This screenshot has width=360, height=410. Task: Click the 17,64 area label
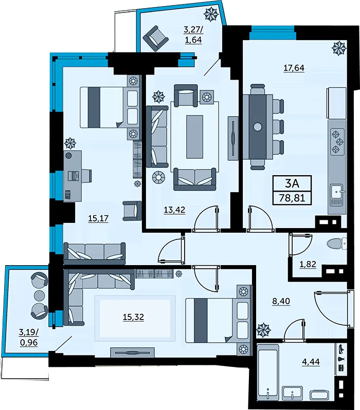[294, 68]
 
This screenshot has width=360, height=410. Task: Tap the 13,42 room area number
[174, 210]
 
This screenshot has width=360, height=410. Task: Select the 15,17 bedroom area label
[98, 218]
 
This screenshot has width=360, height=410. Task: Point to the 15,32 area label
[134, 317]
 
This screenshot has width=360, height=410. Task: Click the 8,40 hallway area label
[281, 301]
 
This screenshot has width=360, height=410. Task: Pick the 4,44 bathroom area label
[311, 362]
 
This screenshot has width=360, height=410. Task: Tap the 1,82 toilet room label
[308, 265]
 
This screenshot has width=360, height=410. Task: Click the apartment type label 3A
[292, 183]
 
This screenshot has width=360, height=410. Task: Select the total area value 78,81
[292, 198]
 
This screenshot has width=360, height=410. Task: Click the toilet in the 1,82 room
[336, 244]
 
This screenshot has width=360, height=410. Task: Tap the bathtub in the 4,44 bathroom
[267, 374]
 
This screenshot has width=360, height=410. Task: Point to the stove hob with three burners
[337, 142]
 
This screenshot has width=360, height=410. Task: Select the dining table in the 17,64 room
[258, 127]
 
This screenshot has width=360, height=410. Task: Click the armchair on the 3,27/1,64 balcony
[155, 39]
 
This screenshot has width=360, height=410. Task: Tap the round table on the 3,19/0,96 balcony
[40, 295]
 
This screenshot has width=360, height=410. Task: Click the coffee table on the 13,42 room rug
[194, 137]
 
